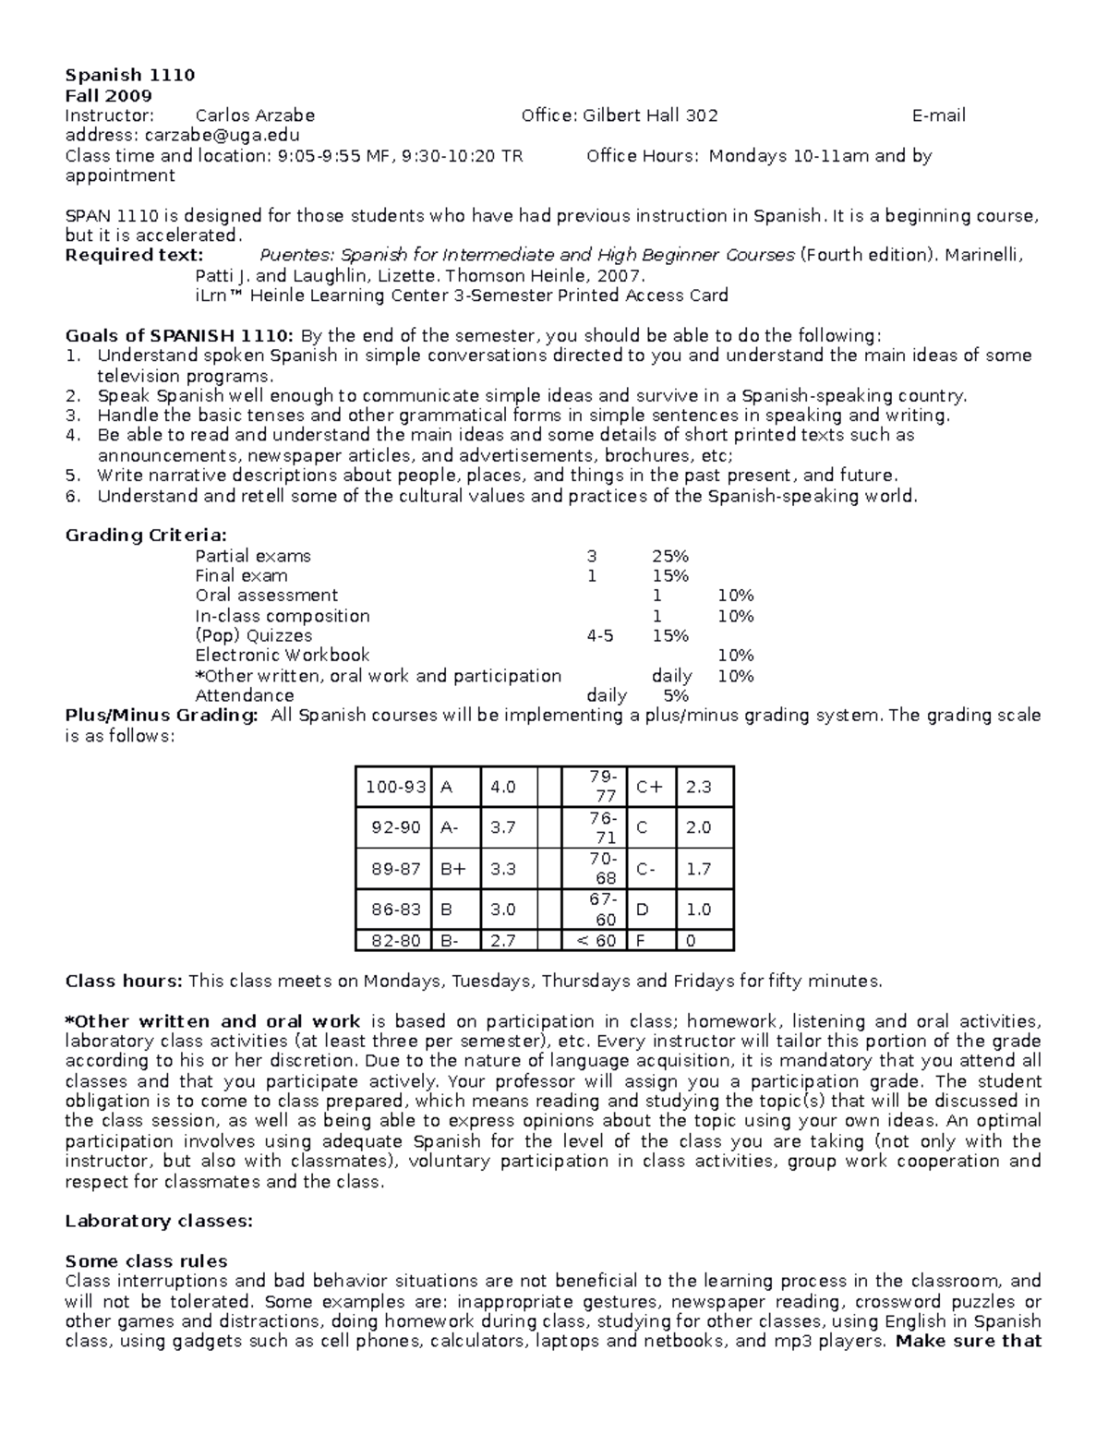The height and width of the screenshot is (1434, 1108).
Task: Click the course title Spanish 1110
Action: (129, 75)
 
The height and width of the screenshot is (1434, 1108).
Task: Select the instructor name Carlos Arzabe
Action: (255, 115)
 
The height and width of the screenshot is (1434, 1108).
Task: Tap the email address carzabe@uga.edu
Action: (222, 136)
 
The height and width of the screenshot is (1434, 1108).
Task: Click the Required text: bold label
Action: (134, 255)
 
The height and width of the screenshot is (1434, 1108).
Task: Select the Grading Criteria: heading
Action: (145, 536)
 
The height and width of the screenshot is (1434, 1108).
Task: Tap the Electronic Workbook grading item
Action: (282, 656)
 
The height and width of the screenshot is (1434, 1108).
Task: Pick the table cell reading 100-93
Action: (395, 788)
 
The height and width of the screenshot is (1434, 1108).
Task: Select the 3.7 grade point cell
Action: (503, 828)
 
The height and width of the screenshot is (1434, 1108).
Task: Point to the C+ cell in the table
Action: (649, 788)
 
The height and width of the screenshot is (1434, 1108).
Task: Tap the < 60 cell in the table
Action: (596, 941)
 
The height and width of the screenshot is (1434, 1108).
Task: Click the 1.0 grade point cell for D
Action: (698, 910)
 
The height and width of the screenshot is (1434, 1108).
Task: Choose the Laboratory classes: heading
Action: (158, 1221)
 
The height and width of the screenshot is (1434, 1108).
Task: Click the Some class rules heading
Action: (146, 1261)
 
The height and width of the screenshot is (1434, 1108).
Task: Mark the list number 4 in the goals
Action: (73, 436)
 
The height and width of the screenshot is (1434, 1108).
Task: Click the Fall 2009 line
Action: (108, 95)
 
